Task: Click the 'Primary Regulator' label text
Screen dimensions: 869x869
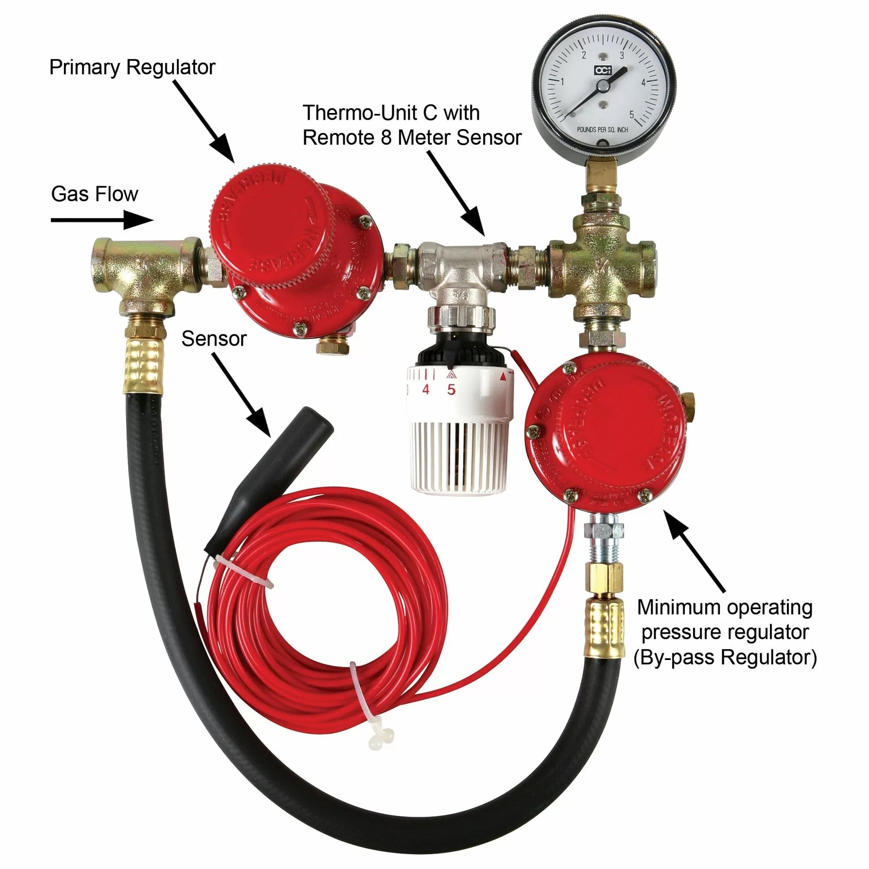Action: (x=132, y=67)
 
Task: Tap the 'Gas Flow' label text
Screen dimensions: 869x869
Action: (x=95, y=194)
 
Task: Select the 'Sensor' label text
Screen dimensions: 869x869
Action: (x=213, y=338)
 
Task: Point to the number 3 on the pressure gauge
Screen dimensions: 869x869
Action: (x=622, y=56)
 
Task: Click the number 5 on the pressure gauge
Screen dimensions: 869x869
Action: (x=631, y=114)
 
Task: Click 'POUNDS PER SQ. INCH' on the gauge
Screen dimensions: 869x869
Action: (x=603, y=130)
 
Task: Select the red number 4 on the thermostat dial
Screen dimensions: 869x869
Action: (x=426, y=389)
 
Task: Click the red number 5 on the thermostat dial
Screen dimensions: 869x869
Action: (x=451, y=389)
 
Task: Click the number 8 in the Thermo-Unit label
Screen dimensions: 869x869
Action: (x=385, y=138)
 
